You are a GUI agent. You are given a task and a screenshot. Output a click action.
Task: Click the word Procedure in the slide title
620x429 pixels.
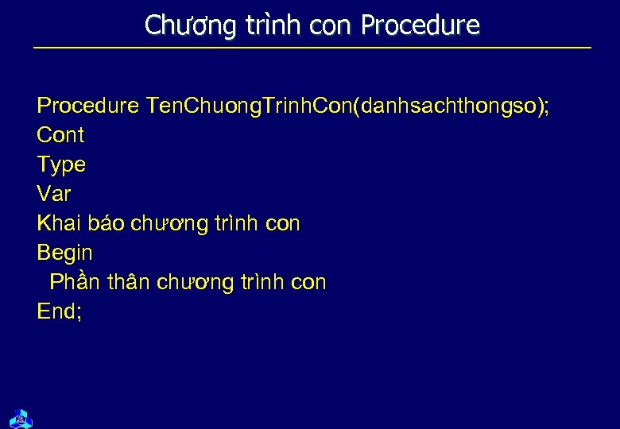420,26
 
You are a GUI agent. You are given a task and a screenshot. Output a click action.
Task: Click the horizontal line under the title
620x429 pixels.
312,48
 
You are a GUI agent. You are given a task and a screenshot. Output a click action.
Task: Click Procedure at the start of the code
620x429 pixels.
88,106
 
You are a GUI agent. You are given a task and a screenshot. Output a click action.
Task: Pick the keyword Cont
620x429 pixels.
60,135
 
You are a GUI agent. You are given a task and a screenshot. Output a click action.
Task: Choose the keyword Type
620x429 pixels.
61,165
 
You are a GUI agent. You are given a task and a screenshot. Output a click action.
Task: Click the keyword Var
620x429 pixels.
54,194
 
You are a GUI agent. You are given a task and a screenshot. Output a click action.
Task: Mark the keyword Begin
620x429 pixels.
65,253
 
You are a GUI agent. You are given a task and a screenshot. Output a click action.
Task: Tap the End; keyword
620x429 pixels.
60,311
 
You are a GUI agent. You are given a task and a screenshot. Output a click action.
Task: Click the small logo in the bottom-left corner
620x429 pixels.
20,416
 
